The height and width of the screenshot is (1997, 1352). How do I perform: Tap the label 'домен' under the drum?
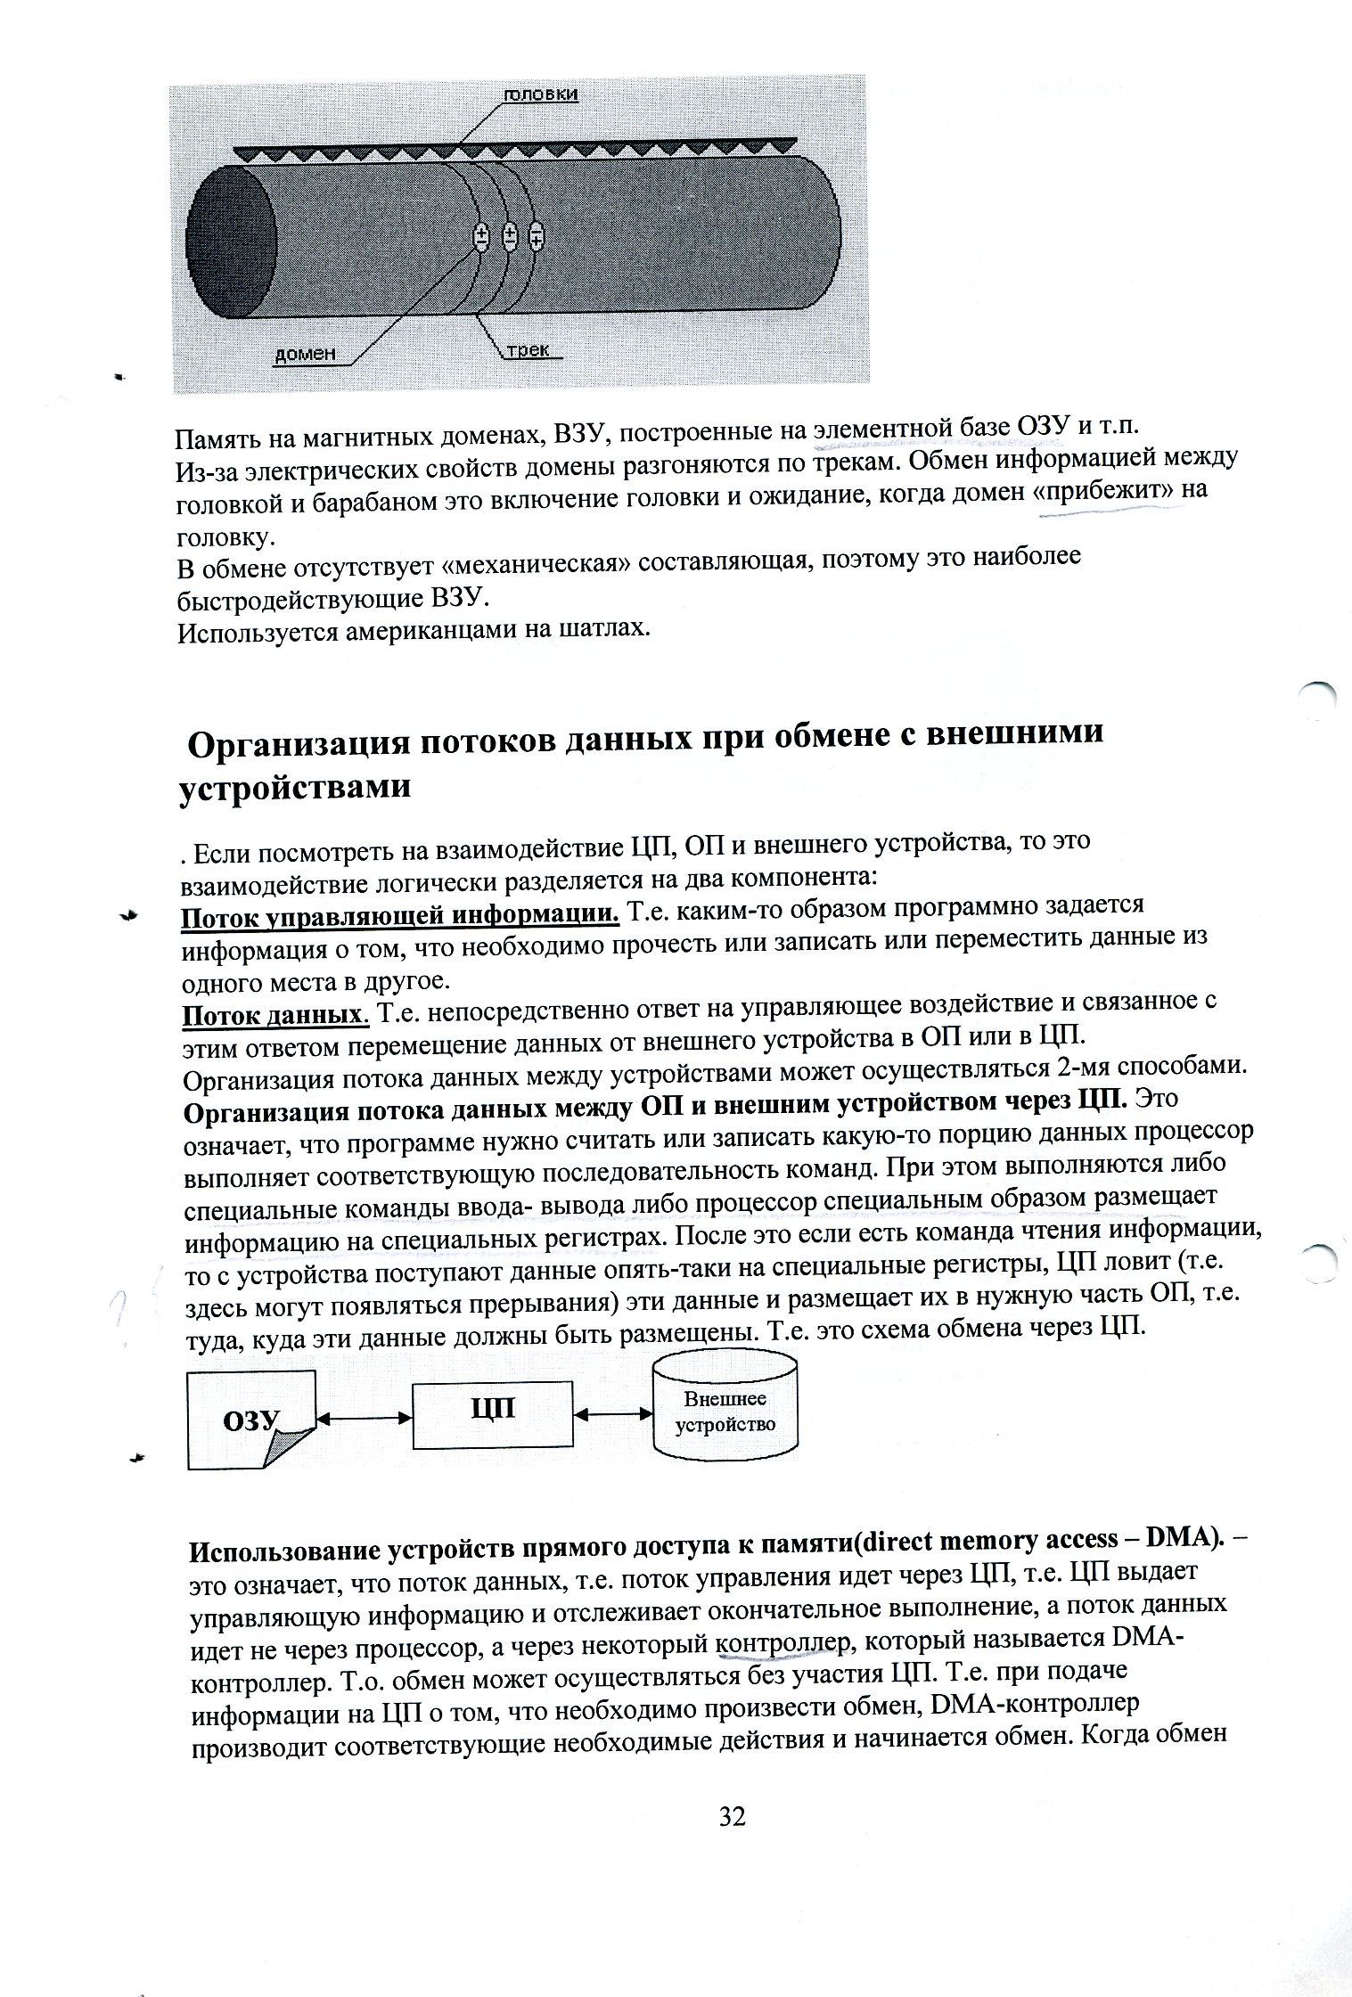[304, 354]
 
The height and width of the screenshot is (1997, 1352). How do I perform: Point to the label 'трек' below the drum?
[529, 350]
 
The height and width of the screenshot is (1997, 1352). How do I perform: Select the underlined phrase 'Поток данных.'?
[275, 1015]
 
